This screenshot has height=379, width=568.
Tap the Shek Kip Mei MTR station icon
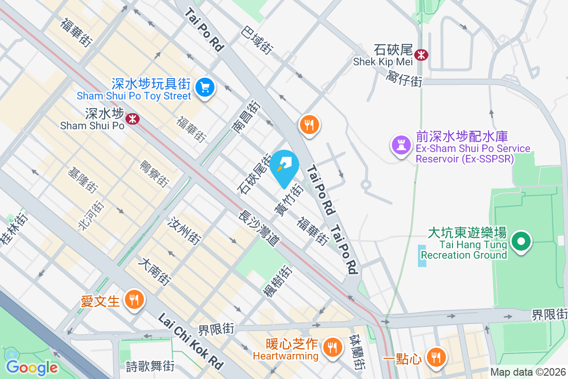click(420, 55)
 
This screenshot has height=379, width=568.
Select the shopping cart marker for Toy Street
click(205, 87)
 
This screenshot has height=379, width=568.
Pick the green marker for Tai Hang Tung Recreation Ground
click(521, 242)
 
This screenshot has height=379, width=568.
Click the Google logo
click(31, 367)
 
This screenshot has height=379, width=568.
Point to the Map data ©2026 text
click(527, 372)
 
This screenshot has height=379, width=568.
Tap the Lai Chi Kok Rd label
click(190, 341)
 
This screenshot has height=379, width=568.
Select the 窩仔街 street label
click(404, 78)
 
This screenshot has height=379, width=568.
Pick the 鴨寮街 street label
click(154, 173)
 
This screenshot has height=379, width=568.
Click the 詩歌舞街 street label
click(150, 366)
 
